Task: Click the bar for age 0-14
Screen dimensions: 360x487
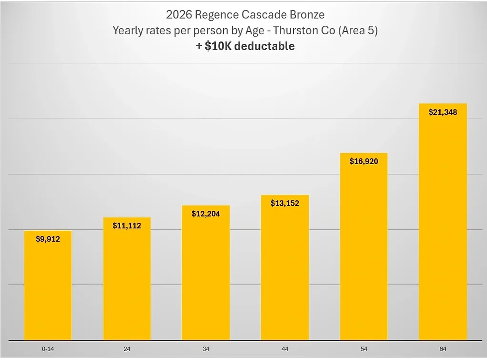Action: tap(48, 288)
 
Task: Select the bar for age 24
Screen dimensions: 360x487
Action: tap(127, 283)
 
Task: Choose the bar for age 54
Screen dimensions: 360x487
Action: tap(364, 249)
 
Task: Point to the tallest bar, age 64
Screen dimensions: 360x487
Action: tap(443, 224)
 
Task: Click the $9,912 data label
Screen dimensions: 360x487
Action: tap(48, 239)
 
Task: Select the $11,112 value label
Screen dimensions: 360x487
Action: tap(127, 226)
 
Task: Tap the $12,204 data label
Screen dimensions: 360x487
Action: tap(206, 214)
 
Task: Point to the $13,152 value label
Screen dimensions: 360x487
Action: tap(285, 203)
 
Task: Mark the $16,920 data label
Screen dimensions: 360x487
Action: tap(364, 161)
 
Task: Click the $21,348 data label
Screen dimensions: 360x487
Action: tap(443, 112)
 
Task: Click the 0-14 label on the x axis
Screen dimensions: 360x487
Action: tap(48, 349)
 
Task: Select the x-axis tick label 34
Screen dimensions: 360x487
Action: tap(206, 349)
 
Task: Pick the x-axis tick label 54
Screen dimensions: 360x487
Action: tap(364, 349)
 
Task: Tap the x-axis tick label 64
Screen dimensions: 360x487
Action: tap(443, 349)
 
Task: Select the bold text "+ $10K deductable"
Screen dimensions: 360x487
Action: tap(245, 46)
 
